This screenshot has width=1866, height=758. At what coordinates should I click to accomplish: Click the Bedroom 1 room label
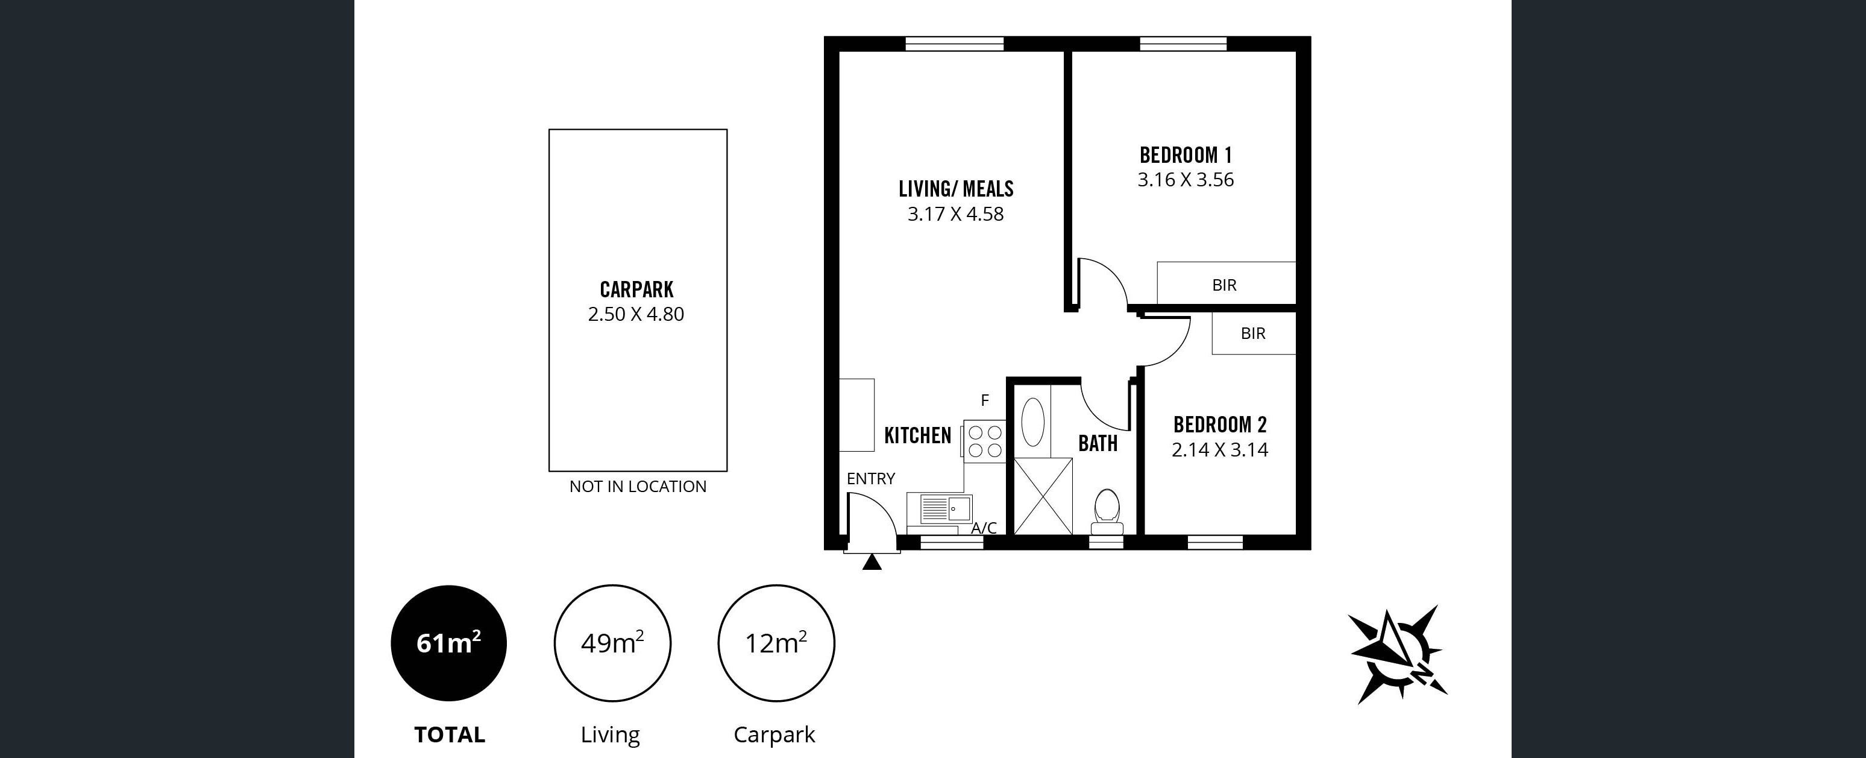[1186, 155]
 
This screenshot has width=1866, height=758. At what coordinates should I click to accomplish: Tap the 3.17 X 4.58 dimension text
[955, 215]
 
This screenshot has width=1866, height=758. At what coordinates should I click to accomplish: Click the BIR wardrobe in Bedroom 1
[1226, 283]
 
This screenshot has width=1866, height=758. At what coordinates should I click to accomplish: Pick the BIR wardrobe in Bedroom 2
[1253, 333]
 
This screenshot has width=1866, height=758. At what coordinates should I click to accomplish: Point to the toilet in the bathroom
[1106, 514]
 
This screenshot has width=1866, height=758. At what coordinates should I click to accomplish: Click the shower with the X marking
[1042, 497]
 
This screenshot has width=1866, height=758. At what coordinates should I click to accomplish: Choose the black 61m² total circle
[449, 643]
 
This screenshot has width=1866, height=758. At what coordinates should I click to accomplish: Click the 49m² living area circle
[612, 643]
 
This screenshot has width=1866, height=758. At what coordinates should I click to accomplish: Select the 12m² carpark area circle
[776, 643]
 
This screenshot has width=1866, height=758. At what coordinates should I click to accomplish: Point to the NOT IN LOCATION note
[638, 486]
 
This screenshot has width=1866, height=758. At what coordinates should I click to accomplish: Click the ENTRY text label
[871, 478]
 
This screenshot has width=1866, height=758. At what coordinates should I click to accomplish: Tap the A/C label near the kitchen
[984, 528]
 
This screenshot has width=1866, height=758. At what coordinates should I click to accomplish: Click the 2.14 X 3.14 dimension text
[1220, 450]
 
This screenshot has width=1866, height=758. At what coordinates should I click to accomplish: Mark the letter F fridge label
[984, 400]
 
